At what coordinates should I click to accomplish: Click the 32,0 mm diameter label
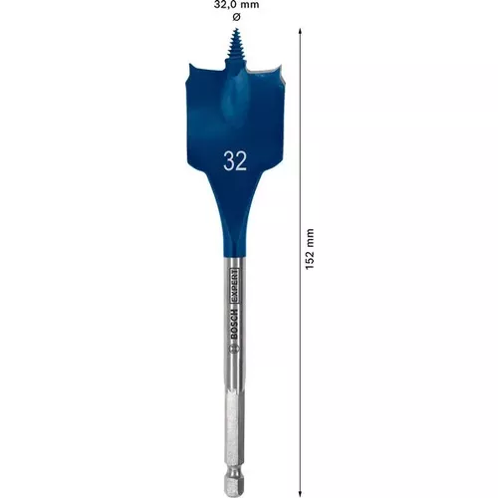236,6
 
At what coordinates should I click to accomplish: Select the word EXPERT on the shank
236,298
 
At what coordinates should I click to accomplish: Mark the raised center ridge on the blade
237,105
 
